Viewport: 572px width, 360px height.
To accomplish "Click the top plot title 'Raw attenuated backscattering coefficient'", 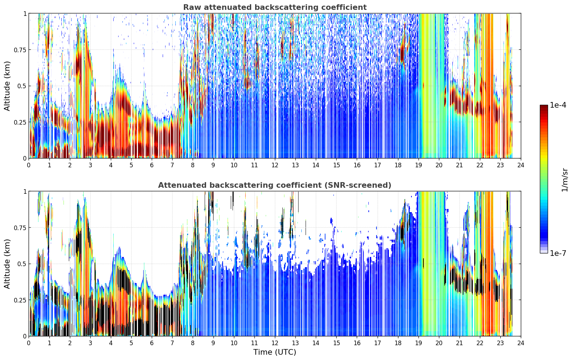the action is point(275,7).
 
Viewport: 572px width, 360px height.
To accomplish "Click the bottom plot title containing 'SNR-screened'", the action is point(275,185).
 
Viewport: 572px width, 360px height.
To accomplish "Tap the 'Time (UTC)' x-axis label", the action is point(275,352).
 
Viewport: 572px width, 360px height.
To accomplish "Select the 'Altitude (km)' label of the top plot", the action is point(7,86).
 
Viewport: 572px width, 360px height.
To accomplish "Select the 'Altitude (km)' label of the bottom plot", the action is point(7,264).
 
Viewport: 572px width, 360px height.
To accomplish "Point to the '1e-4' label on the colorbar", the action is point(558,105).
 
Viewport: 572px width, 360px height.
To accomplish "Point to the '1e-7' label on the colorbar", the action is point(558,253).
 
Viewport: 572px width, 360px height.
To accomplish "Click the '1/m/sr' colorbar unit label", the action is point(565,180).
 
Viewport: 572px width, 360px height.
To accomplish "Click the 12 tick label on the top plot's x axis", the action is point(275,165).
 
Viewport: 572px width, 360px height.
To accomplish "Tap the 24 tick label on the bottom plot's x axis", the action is point(521,343).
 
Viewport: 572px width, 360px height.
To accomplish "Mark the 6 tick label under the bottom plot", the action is point(152,343).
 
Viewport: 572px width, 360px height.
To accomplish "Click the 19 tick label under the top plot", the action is point(418,165).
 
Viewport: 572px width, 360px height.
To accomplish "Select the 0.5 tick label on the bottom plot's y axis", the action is point(22,264).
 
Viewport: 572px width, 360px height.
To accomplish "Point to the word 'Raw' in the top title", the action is point(191,7).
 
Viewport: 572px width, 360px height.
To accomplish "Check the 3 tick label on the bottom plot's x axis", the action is point(90,343).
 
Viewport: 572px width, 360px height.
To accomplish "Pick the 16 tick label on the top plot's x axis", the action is point(357,165).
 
